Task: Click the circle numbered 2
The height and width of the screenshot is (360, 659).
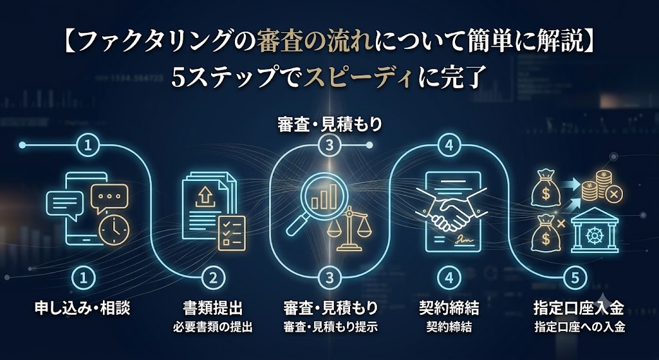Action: (214, 278)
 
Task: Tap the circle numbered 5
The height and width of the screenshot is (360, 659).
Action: (576, 278)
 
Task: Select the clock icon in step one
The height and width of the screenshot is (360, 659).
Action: (114, 230)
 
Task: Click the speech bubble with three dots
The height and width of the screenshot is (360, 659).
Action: (109, 198)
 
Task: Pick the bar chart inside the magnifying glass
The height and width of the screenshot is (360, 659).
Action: (324, 197)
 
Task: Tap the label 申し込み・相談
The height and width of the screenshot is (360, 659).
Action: (82, 309)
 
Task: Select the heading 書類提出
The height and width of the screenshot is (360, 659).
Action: (213, 309)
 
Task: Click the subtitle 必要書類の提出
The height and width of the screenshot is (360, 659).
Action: (213, 328)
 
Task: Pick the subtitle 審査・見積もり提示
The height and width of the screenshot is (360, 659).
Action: (330, 328)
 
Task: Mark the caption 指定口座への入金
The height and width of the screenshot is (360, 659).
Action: (580, 328)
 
